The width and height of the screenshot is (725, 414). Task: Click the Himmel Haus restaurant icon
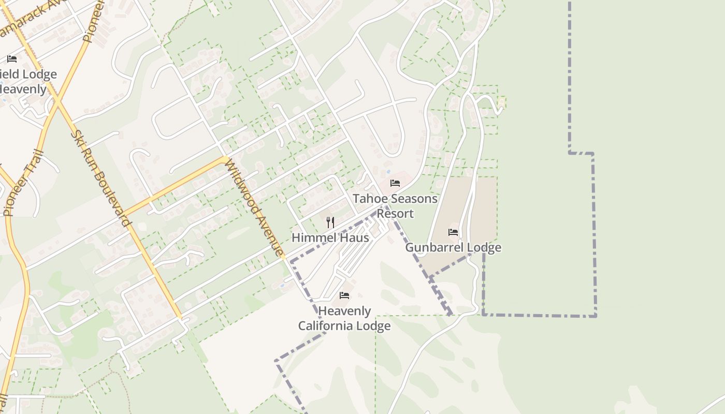(330, 223)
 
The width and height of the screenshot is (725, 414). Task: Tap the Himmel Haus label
(330, 238)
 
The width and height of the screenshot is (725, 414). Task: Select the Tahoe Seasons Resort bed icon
(395, 183)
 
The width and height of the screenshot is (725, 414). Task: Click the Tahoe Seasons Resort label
(395, 206)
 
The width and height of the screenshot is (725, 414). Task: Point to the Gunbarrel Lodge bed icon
(453, 232)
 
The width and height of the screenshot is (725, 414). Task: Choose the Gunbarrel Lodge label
(453, 247)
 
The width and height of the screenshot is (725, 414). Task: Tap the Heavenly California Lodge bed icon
(344, 295)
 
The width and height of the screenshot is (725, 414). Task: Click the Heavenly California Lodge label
(344, 318)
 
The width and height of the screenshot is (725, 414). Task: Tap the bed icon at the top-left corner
(12, 59)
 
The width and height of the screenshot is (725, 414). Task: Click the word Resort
(395, 214)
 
